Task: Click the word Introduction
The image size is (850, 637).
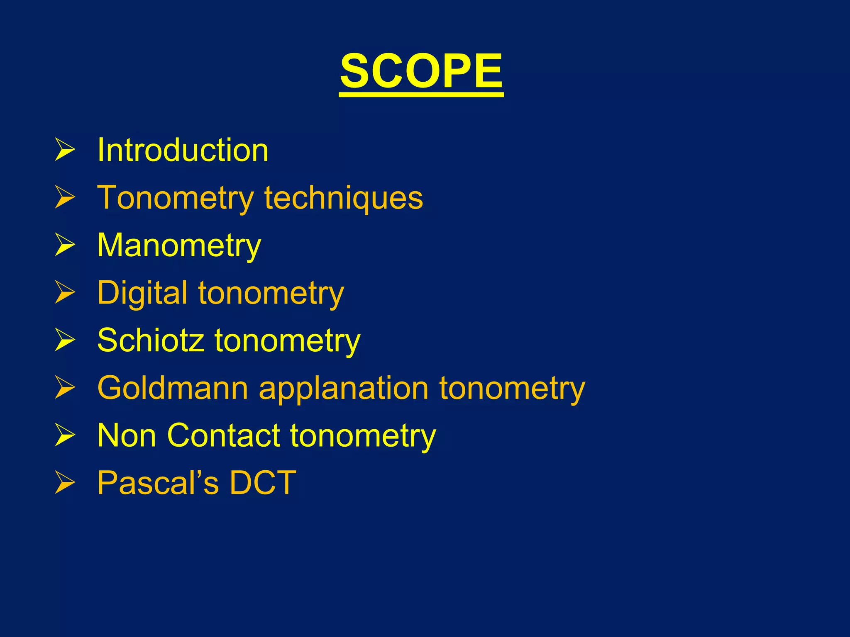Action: coord(183,150)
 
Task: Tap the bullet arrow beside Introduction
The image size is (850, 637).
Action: coord(65,150)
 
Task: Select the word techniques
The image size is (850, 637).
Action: coord(344,198)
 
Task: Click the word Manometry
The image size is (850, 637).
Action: coord(179,246)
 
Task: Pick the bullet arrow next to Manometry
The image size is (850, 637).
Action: coord(65,245)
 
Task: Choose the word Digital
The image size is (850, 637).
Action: coord(142,293)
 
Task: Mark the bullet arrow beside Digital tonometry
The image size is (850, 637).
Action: coord(65,293)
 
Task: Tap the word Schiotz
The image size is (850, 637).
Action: coord(151,340)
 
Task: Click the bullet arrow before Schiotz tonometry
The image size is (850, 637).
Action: coord(65,340)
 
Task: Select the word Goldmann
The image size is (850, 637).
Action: coord(173,388)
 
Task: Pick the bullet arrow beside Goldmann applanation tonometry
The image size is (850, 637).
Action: coord(65,388)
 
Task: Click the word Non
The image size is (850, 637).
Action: coord(127,435)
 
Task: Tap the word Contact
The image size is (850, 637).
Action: coord(224,435)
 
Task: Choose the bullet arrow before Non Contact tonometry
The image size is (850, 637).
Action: coord(65,435)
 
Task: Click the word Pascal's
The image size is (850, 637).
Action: coord(158,483)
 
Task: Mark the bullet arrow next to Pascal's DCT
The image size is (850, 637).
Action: coord(65,483)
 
